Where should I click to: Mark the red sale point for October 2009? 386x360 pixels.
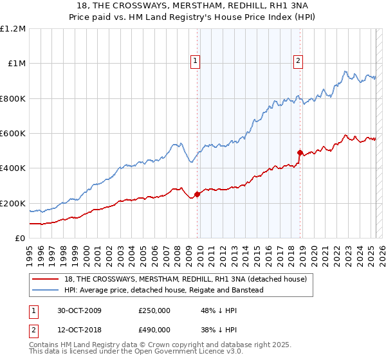pos(198,194)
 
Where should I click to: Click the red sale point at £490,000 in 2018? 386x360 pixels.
pos(300,152)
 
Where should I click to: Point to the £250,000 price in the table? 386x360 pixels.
pos(154,310)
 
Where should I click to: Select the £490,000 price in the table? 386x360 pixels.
pos(154,329)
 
